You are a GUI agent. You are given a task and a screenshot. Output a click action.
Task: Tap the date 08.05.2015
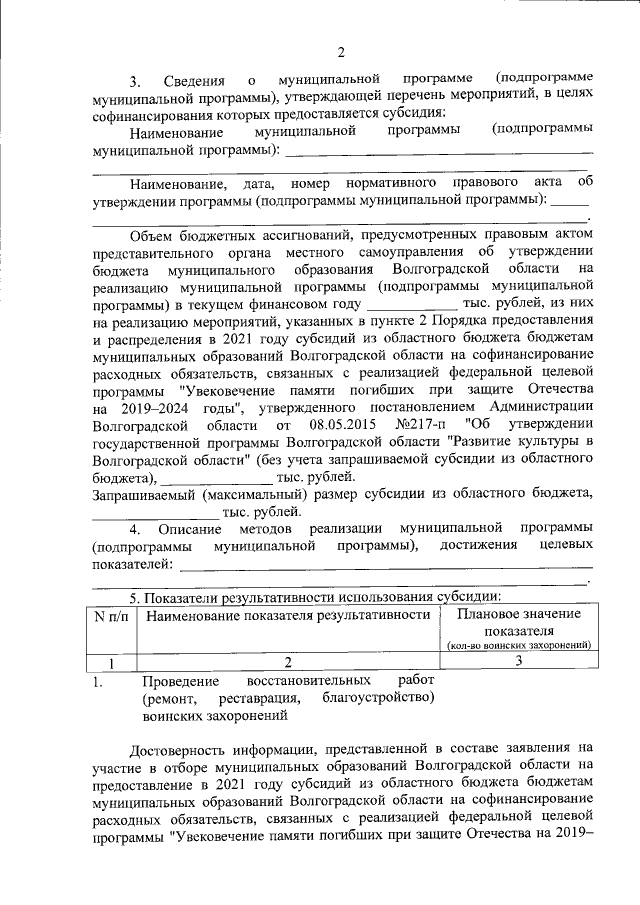[342, 425]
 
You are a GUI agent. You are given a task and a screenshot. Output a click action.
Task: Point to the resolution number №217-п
[426, 425]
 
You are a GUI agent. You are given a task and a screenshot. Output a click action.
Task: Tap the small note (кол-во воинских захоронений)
[518, 646]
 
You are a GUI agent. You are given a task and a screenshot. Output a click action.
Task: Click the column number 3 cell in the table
[518, 661]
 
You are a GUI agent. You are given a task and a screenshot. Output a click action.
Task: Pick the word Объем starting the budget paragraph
[153, 234]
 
